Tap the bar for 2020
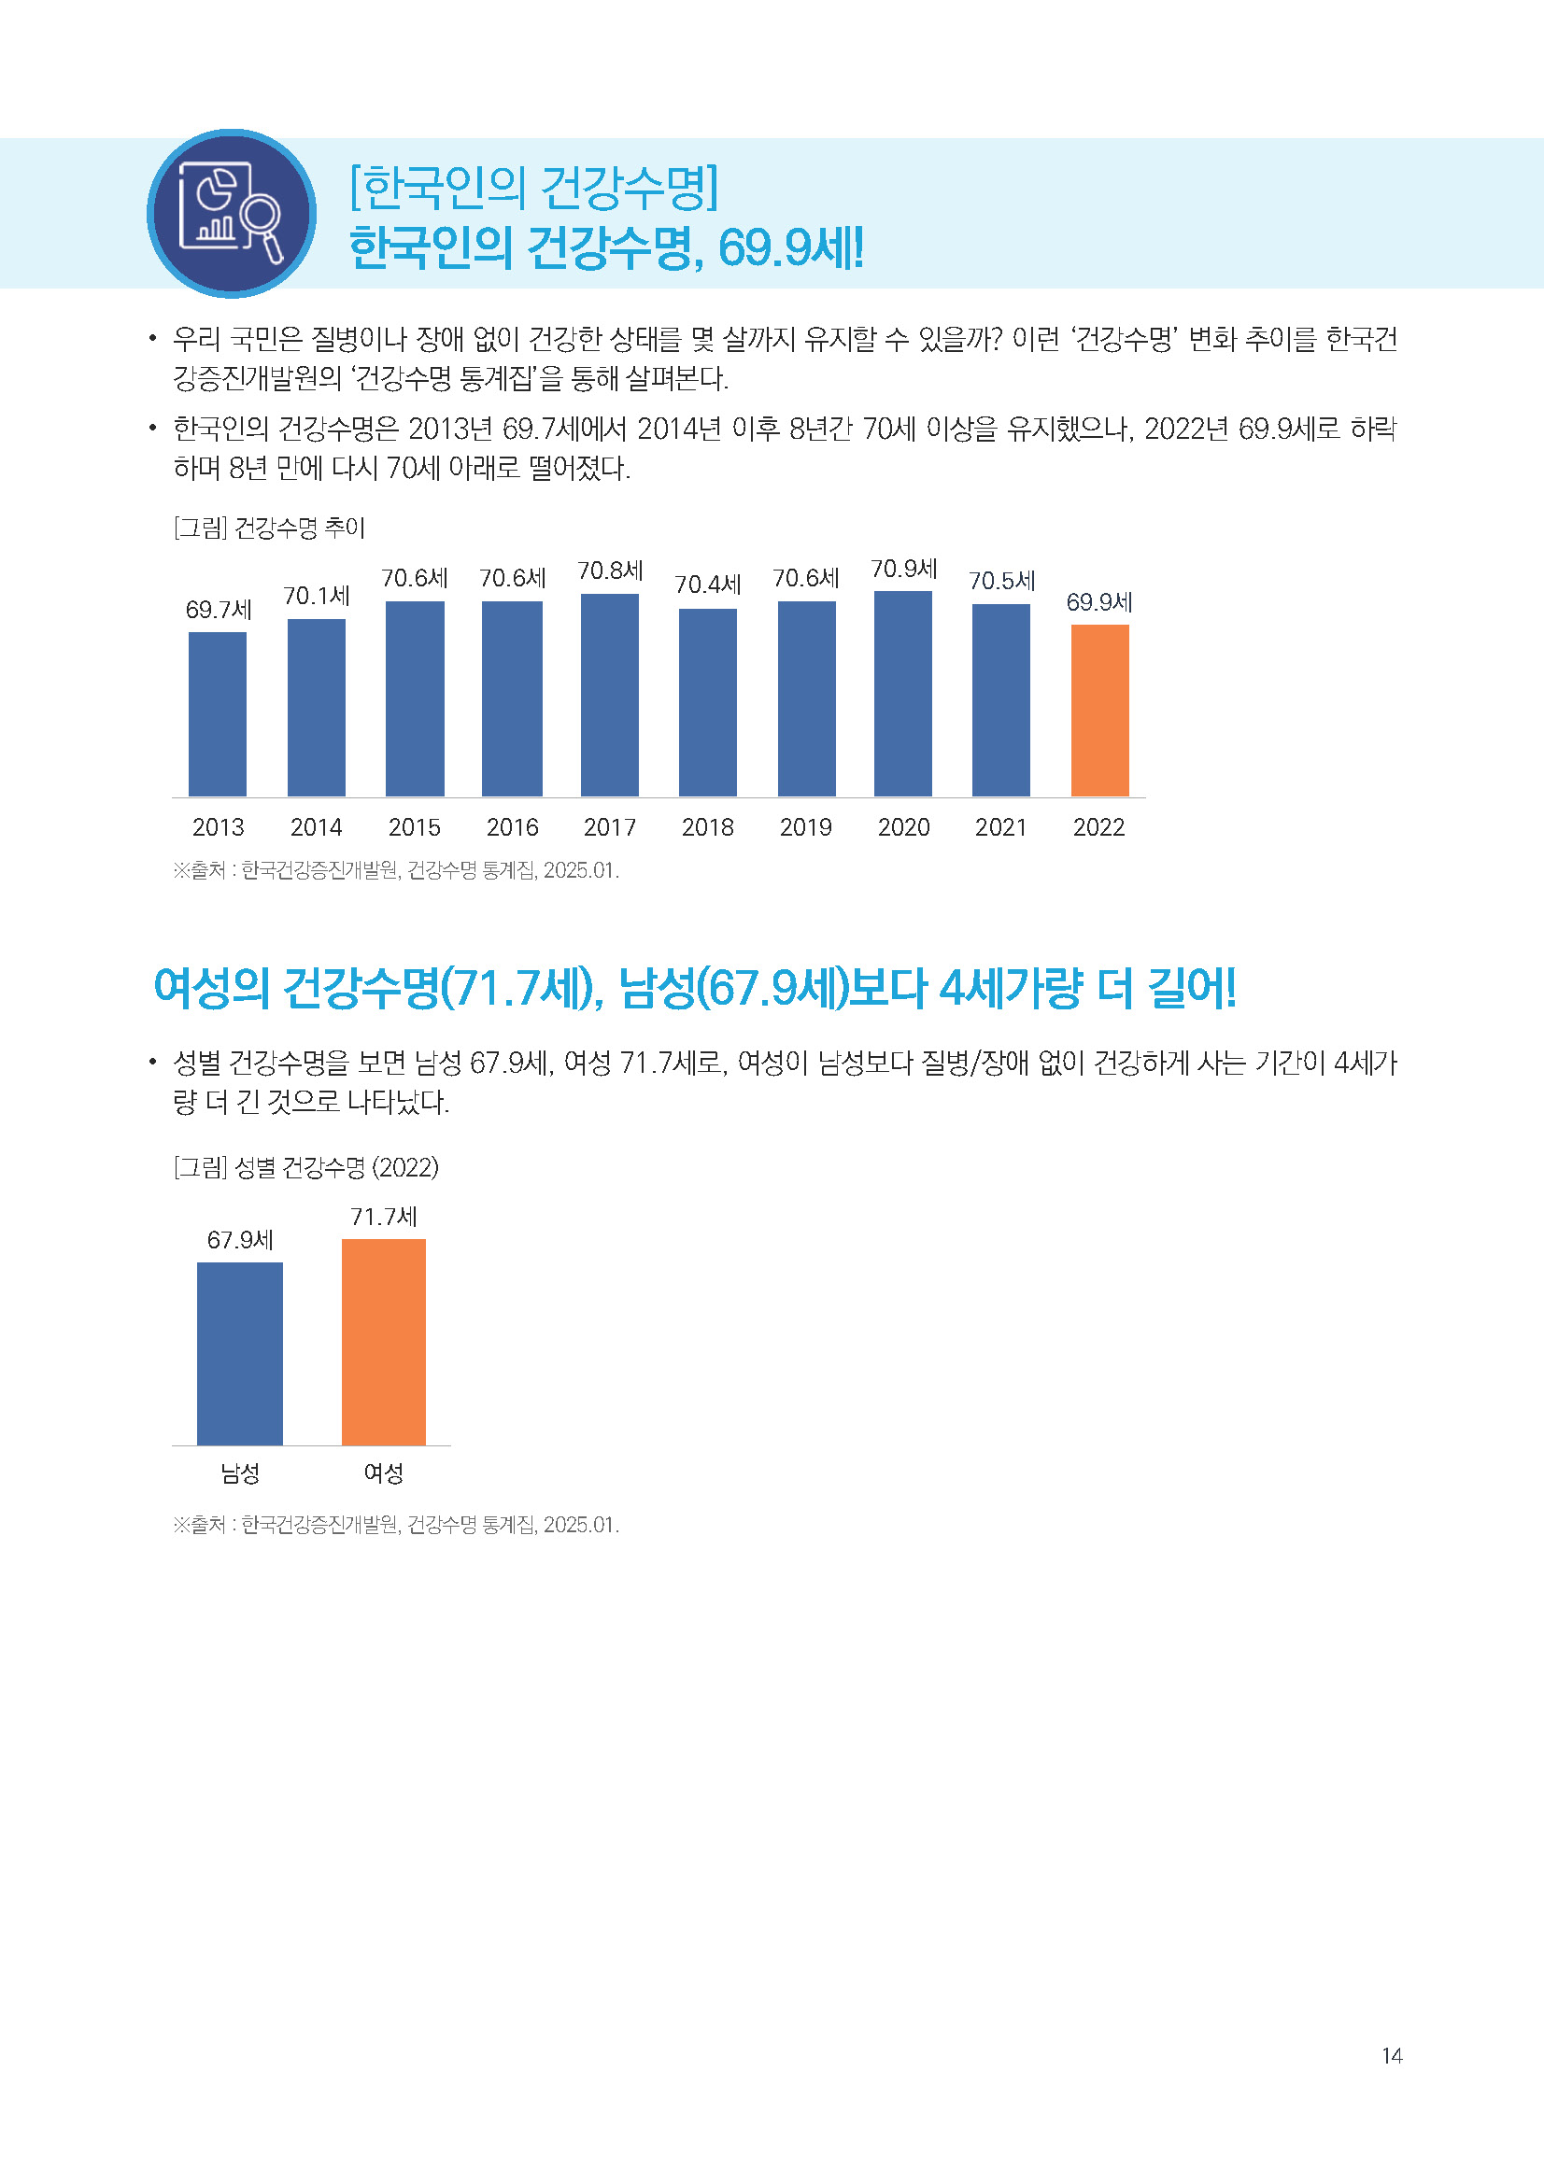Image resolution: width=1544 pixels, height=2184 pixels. click(x=903, y=694)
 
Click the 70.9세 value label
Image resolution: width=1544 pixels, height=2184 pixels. click(x=904, y=569)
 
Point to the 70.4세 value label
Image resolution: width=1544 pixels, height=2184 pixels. click(x=708, y=584)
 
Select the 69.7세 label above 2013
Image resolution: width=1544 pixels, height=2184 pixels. click(x=218, y=610)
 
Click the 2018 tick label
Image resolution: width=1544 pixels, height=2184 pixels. click(x=708, y=827)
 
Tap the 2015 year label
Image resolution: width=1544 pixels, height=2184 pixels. click(x=414, y=827)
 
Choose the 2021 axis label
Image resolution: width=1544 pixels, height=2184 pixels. click(x=1000, y=827)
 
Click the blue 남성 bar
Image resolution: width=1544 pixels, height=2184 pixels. click(x=240, y=1353)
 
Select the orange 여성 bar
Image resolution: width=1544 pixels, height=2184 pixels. click(x=383, y=1341)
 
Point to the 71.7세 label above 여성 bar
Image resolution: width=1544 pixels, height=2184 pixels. click(x=383, y=1217)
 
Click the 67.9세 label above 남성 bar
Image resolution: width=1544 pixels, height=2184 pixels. click(x=240, y=1240)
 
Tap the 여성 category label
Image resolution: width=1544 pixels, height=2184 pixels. click(x=383, y=1472)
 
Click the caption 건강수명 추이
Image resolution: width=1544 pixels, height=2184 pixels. click(x=299, y=528)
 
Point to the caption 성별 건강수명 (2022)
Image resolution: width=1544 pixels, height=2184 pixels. click(x=336, y=1167)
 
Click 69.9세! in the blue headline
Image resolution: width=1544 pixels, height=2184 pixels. click(x=790, y=247)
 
